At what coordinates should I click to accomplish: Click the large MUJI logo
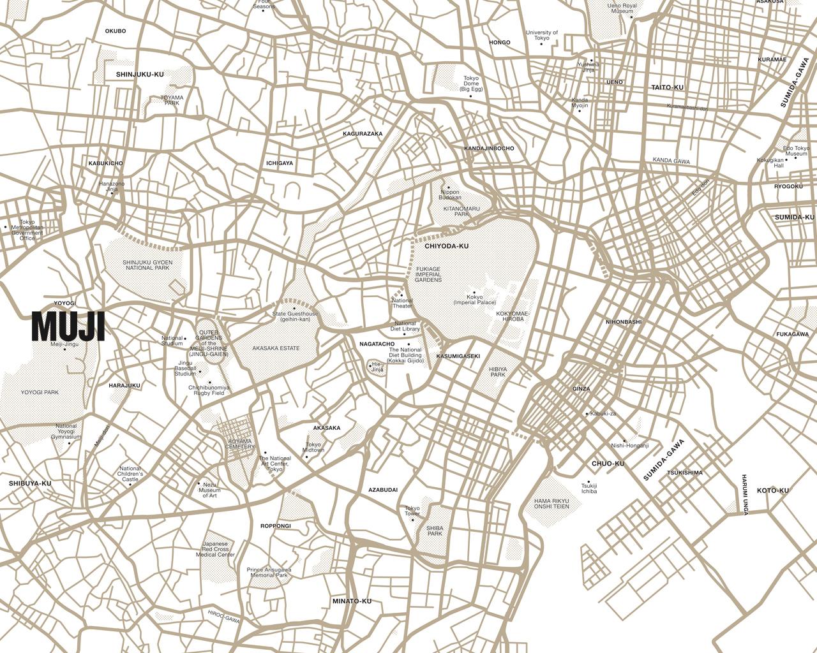(x=68, y=326)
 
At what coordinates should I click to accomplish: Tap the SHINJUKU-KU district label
(x=140, y=75)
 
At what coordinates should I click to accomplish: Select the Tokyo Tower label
(x=412, y=511)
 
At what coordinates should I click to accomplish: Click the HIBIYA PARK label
(x=497, y=372)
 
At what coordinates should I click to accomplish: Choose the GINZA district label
(x=581, y=388)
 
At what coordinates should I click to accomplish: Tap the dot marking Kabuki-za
(x=587, y=414)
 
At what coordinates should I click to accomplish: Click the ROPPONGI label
(x=276, y=526)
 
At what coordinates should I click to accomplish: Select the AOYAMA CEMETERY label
(x=240, y=444)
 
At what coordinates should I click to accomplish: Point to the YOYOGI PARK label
(x=40, y=393)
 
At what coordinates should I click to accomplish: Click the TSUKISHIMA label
(x=684, y=473)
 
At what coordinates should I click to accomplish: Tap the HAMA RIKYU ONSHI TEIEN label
(x=551, y=503)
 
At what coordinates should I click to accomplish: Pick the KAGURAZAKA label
(x=363, y=134)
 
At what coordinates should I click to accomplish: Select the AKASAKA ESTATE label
(x=276, y=348)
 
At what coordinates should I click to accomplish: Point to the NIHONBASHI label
(x=624, y=322)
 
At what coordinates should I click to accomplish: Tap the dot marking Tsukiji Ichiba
(x=588, y=481)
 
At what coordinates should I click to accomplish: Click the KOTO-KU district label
(x=772, y=490)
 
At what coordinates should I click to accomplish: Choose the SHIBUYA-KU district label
(x=30, y=483)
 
